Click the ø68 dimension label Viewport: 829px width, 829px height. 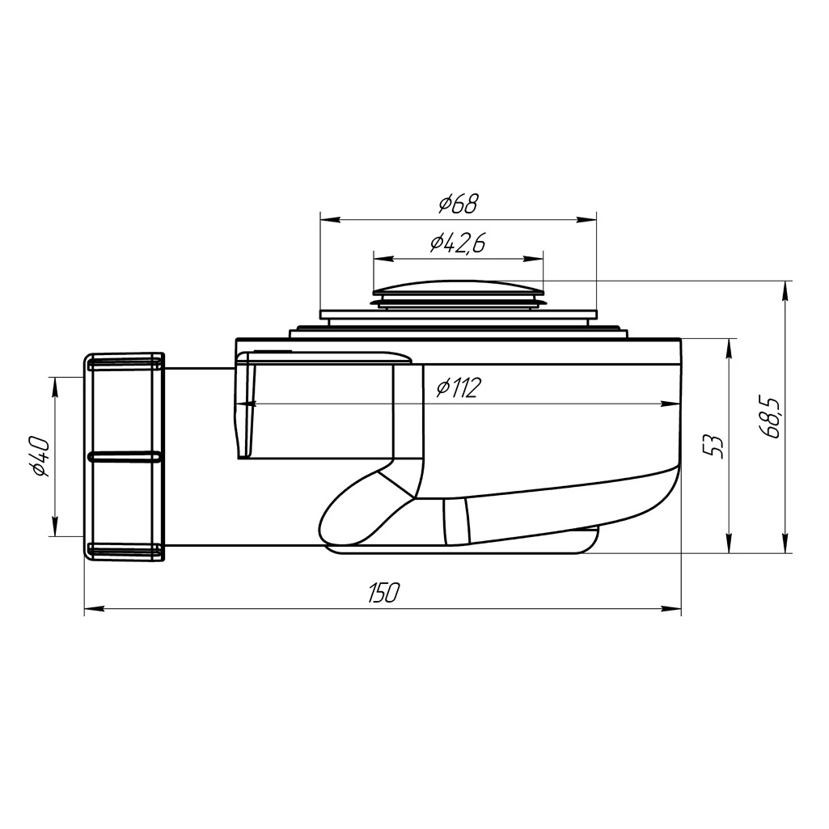458,204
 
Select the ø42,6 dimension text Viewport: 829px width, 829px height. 457,243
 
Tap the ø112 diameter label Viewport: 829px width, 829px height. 459,388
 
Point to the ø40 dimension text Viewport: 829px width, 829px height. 40,457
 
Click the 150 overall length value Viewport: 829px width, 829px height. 383,593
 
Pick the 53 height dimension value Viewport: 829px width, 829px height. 713,446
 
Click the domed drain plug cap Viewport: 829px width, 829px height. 458,288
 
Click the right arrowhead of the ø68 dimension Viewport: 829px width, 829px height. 587,219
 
